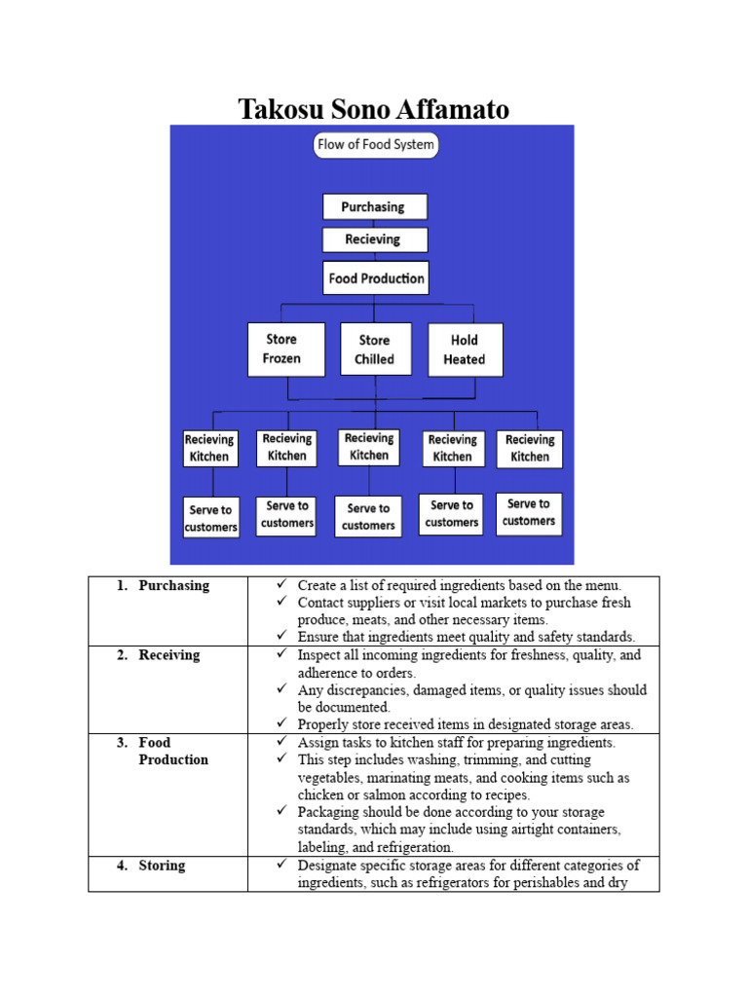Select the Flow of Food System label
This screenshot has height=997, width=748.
[x=376, y=145]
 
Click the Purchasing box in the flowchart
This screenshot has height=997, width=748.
[x=375, y=206]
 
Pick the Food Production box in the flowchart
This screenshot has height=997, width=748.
[x=376, y=277]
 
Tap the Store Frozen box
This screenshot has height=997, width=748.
[x=281, y=349]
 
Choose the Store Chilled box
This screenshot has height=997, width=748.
[x=374, y=349]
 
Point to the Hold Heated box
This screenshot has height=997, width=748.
[x=465, y=350]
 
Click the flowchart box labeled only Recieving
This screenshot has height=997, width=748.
[x=375, y=240]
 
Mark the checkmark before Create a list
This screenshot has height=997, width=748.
[x=281, y=585]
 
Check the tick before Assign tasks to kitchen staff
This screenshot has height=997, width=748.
[x=281, y=742]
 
